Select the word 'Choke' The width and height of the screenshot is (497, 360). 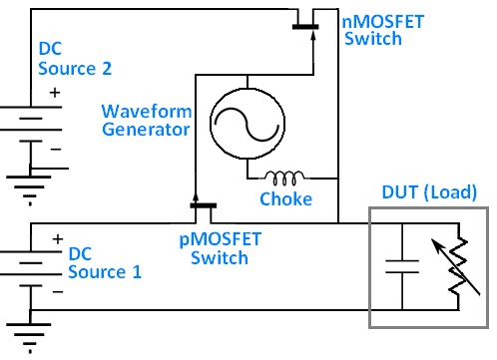coord(285,199)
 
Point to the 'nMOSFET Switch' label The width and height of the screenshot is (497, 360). coord(372,29)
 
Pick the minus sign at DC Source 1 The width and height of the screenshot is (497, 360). coord(56,293)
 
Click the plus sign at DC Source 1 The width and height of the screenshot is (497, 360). coord(56,239)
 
